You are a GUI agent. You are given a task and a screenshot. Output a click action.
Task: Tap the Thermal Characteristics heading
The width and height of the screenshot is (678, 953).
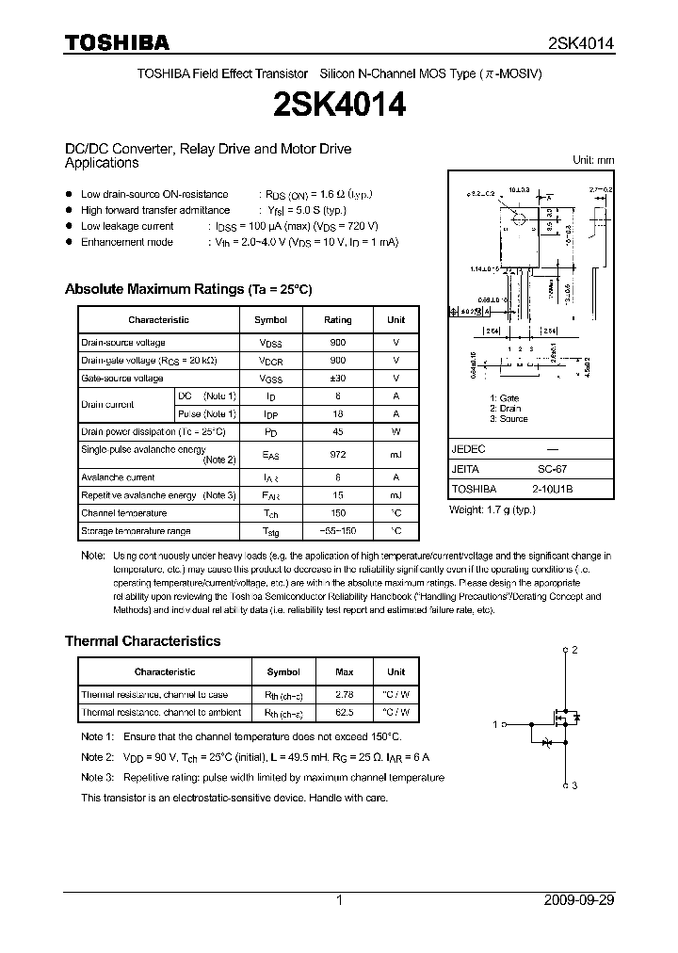coord(142,641)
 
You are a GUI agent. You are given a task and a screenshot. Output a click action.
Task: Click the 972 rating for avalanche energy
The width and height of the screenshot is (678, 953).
coord(338,454)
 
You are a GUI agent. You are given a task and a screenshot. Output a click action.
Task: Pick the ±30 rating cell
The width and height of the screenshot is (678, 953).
coord(338,379)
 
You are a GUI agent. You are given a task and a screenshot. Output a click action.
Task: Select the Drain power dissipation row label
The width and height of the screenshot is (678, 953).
coord(153,431)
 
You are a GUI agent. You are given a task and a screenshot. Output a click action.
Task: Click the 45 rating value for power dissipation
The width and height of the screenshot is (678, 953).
coord(338,431)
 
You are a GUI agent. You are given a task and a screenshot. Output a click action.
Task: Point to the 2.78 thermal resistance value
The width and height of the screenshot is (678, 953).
coord(345,695)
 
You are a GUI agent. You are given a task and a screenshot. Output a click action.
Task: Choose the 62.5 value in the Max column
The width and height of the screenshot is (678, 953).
coord(345,713)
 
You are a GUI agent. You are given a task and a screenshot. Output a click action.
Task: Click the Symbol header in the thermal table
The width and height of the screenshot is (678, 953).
coord(283,672)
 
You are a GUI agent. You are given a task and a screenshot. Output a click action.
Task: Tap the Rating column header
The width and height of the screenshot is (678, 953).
coord(338,320)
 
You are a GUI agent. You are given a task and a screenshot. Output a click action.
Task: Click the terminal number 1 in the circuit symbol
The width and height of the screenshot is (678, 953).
coord(495,724)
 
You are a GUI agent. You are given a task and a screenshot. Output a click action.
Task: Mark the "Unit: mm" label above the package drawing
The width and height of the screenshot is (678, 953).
coord(593,160)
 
